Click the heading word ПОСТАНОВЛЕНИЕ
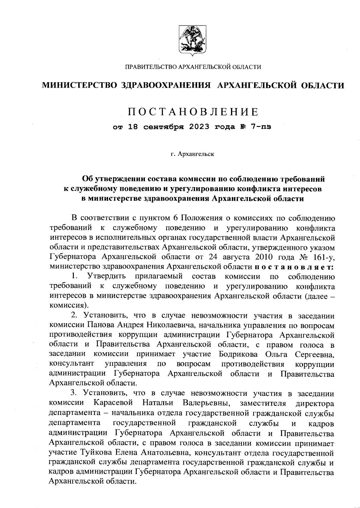(193, 112)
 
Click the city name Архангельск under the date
(196, 155)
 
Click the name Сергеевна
(315, 354)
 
